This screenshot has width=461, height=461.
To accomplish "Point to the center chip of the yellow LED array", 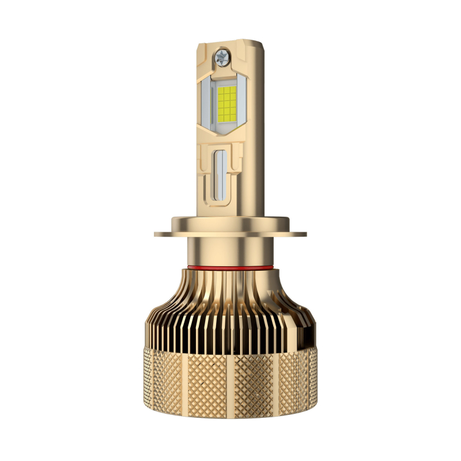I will pyautogui.click(x=226, y=104).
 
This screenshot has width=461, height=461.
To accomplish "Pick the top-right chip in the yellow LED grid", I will pyautogui.click(x=233, y=90).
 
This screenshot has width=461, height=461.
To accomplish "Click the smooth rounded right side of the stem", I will pyautogui.click(x=259, y=144).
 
